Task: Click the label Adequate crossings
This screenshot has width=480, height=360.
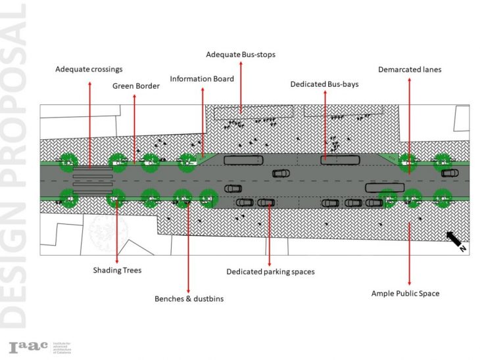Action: point(89,69)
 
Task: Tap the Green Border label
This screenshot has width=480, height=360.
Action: point(135,85)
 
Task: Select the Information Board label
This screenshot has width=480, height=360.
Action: point(202,79)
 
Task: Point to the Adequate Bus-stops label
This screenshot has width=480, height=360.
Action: point(240,54)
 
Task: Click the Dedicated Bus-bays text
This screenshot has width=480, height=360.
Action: point(325,85)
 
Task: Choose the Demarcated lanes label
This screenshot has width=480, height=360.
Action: point(410,69)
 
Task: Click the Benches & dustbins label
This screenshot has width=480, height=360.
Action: point(189,299)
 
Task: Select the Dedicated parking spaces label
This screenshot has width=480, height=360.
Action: point(270,271)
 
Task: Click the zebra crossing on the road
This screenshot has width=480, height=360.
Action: point(91,178)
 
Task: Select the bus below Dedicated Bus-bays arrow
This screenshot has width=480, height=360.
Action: point(339,160)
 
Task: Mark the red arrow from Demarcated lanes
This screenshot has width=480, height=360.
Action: point(410,125)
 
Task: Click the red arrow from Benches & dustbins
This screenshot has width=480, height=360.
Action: point(189,246)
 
